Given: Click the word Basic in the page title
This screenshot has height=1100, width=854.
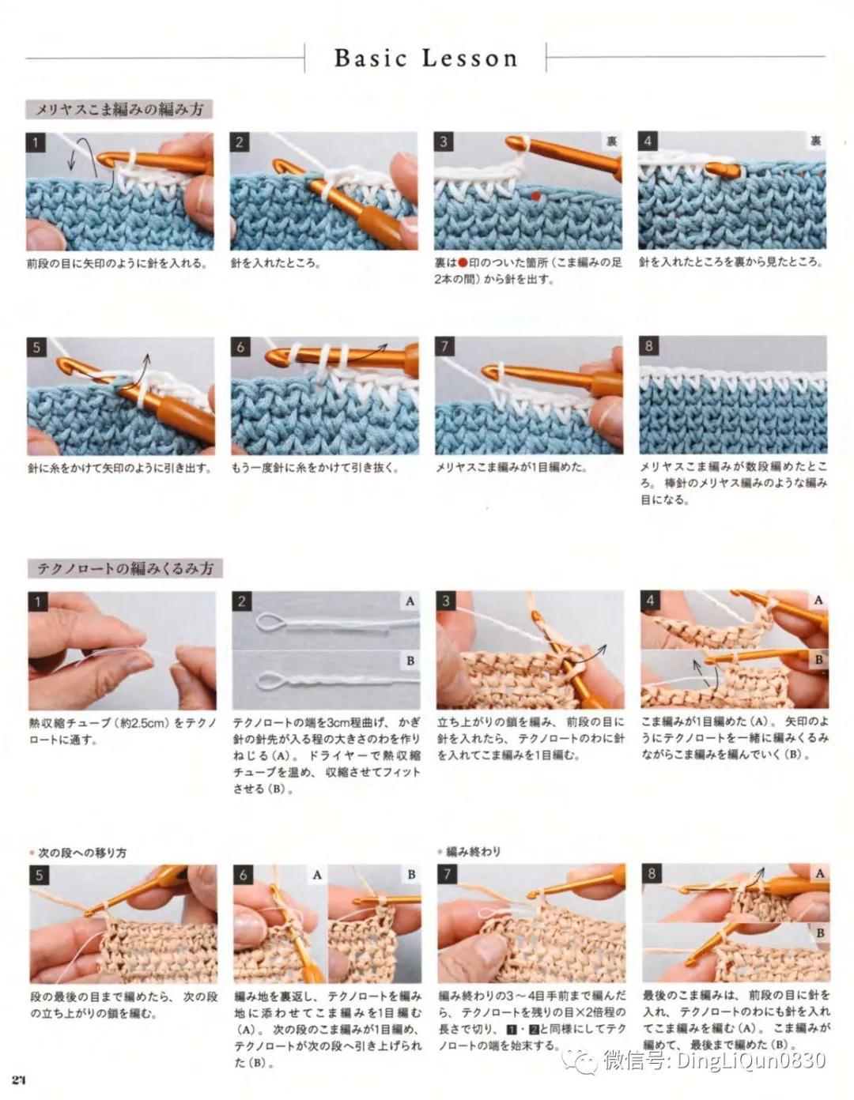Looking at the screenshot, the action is tap(371, 58).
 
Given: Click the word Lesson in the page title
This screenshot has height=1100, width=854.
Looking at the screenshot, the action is tap(470, 58).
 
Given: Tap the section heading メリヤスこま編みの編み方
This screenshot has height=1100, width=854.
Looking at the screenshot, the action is tap(119, 109).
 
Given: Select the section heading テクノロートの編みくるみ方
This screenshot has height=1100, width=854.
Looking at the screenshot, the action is tap(125, 568).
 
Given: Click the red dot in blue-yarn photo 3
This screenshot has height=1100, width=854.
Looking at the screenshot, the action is tap(535, 196).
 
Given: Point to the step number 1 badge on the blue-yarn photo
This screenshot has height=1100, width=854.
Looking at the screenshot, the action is tap(36, 142).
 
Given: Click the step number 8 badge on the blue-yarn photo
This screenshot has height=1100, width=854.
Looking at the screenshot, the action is tap(649, 346).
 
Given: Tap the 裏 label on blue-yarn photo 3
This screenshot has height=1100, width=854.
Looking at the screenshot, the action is tap(612, 141).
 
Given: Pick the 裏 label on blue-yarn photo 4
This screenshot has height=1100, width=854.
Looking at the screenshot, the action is tap(815, 141).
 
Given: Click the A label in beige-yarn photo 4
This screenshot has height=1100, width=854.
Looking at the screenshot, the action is tap(818, 600).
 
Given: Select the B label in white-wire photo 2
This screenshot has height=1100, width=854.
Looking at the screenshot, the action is tap(410, 661).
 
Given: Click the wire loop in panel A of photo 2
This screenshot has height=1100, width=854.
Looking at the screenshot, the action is tap(271, 623).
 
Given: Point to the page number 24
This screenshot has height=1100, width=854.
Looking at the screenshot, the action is tap(19, 1080).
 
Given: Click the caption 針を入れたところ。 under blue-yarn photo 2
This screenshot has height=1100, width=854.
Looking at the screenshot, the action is tap(275, 263).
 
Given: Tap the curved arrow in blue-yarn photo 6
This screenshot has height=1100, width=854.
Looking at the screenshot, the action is tap(368, 352).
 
